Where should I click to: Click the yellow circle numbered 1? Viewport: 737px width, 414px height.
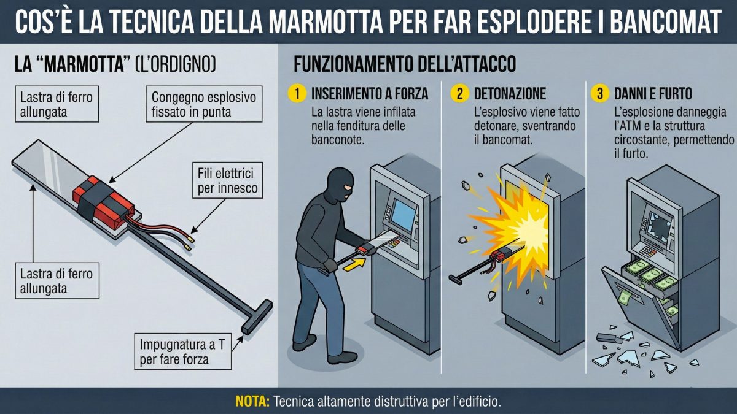click(297, 94)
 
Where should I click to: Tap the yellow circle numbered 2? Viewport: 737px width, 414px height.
click(459, 94)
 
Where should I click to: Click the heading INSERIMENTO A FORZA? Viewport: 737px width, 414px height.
click(370, 94)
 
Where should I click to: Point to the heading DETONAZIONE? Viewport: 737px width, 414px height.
click(509, 94)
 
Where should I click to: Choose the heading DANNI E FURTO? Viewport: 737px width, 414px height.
click(652, 94)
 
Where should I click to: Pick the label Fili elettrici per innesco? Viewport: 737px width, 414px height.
click(227, 179)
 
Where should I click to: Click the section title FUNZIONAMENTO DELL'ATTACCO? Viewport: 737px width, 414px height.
click(405, 64)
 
